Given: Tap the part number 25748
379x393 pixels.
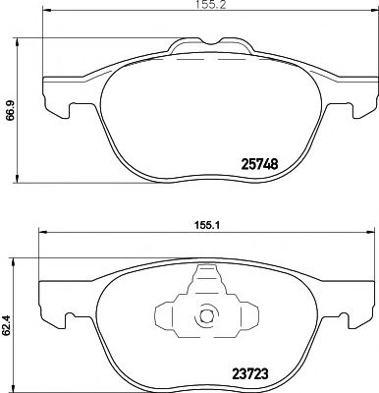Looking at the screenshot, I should point(265,165).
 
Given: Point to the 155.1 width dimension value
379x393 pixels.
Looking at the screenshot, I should point(204,222).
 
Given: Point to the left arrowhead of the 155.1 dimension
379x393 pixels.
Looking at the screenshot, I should point(40,233).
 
